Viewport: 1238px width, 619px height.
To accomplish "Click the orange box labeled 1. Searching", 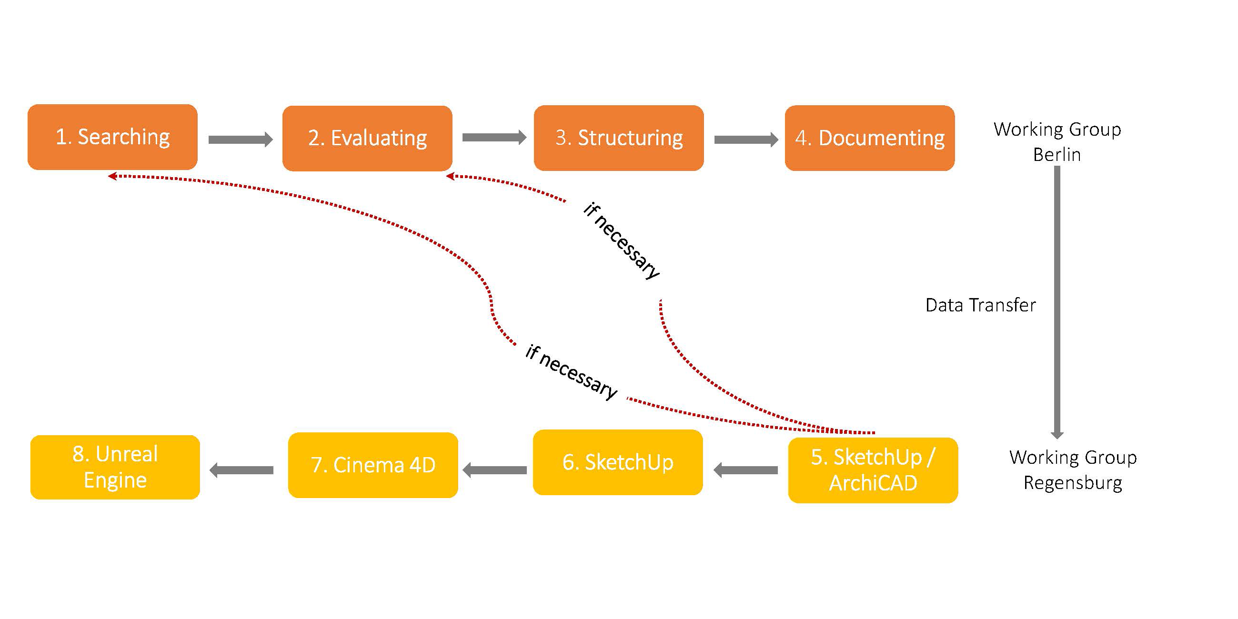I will [112, 137].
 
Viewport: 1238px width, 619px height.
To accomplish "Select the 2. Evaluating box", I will [367, 139].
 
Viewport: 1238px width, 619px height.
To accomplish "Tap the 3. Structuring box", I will [618, 138].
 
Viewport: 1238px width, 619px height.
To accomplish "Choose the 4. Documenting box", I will [869, 138].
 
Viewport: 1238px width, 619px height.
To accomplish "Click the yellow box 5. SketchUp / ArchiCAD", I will [873, 470].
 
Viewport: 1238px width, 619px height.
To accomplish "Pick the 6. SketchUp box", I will [617, 462].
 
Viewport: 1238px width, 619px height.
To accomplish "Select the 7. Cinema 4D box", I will [373, 465].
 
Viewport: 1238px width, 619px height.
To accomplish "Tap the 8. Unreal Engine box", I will [115, 467].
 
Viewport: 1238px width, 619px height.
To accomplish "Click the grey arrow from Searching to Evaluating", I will [240, 140].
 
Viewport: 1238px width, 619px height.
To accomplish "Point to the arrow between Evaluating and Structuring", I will [494, 138].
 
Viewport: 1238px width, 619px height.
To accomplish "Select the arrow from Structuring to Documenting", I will [746, 140].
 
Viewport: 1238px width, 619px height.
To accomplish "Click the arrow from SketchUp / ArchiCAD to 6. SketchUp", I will [745, 470].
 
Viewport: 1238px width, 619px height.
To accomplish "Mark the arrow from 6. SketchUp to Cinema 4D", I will [494, 470].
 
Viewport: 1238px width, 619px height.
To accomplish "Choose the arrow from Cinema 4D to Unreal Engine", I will [242, 470].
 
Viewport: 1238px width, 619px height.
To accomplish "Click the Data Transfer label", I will [980, 305].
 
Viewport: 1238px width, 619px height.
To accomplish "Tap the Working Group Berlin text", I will [1057, 142].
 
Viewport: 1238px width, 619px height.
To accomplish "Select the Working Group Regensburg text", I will [1073, 469].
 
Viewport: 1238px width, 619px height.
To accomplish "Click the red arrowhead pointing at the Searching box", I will [112, 176].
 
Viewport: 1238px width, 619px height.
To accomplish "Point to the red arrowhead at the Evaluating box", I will [450, 176].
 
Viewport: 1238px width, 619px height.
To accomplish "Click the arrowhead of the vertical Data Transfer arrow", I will [1057, 435].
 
